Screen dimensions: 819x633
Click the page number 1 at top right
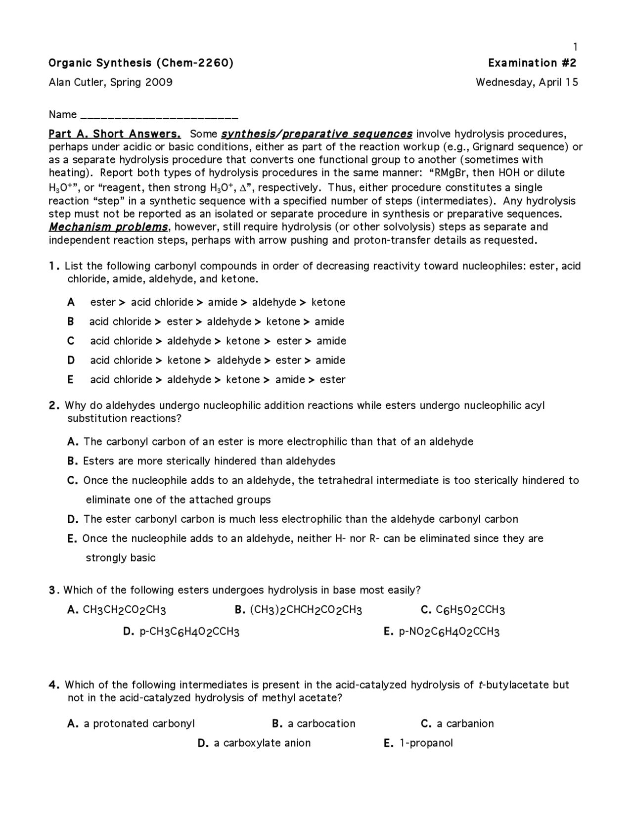coord(575,47)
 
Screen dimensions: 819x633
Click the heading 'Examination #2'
coord(532,63)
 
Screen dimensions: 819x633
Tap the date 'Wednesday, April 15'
coord(527,82)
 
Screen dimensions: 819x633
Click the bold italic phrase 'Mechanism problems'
coord(108,227)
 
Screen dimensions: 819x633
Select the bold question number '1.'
coord(54,266)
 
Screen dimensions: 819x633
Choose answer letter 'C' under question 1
coord(71,341)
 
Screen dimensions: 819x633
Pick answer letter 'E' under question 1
coord(71,379)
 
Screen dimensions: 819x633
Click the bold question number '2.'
coord(54,406)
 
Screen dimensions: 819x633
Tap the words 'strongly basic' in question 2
coord(121,558)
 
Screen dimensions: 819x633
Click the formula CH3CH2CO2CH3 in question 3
coord(124,610)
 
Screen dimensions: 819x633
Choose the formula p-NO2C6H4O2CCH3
coord(449,632)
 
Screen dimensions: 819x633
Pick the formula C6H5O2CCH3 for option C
coord(470,610)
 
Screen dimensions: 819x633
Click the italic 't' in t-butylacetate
coord(481,685)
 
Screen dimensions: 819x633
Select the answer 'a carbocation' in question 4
coord(321,724)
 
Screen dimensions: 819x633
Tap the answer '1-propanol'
coord(426,743)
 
